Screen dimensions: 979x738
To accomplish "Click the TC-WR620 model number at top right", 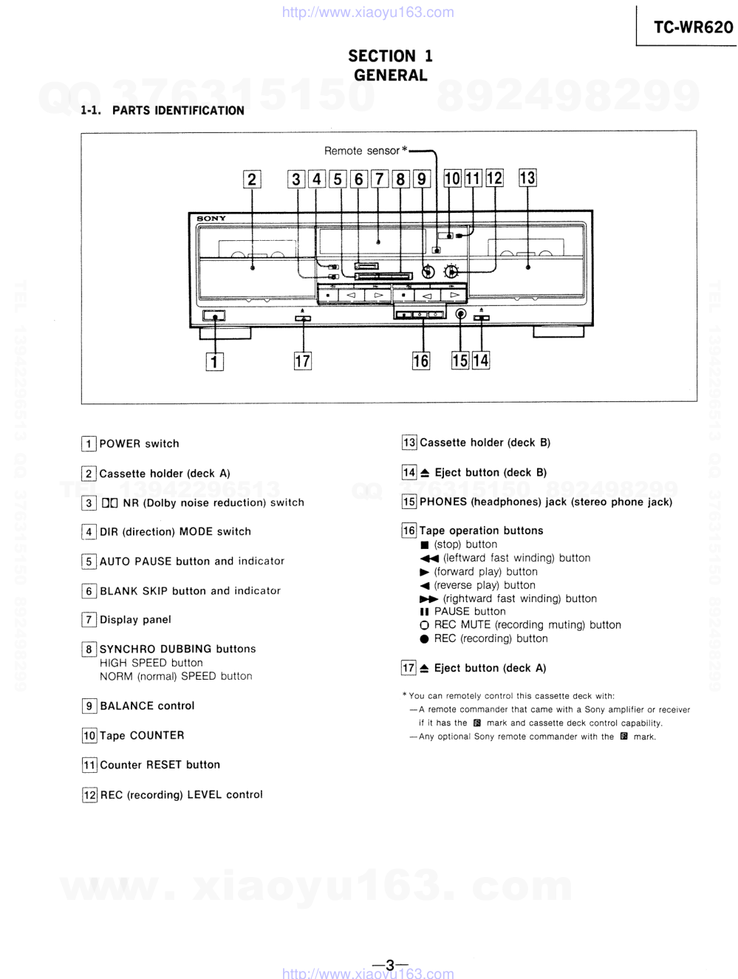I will click(692, 28).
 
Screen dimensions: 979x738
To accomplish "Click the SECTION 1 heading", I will click(390, 56).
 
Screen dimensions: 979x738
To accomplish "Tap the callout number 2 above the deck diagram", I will click(252, 180).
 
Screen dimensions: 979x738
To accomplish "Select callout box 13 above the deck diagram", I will click(527, 178).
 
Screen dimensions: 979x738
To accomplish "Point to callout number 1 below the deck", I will click(214, 362).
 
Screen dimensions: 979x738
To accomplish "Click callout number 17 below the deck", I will click(302, 361).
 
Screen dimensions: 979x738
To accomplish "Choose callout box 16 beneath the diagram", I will click(420, 361).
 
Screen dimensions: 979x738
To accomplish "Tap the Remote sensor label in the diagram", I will click(362, 151).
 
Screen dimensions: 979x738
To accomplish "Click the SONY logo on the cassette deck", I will click(211, 219).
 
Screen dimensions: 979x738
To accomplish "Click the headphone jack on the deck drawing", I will click(461, 314).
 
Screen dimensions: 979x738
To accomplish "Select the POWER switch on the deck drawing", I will click(214, 316).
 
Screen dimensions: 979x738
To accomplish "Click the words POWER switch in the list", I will click(139, 444).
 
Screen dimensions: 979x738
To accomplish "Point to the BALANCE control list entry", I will click(147, 706).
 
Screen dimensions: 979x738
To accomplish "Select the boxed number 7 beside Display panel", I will click(89, 620).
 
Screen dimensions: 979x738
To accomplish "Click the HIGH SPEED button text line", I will click(151, 663).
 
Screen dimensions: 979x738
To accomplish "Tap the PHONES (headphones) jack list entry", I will click(545, 502).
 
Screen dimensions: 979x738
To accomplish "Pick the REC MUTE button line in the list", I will click(527, 625).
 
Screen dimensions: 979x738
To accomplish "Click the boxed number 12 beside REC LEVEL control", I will click(89, 795).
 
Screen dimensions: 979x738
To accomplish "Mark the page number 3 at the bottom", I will click(390, 964).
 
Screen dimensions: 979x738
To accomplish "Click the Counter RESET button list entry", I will click(160, 765).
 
